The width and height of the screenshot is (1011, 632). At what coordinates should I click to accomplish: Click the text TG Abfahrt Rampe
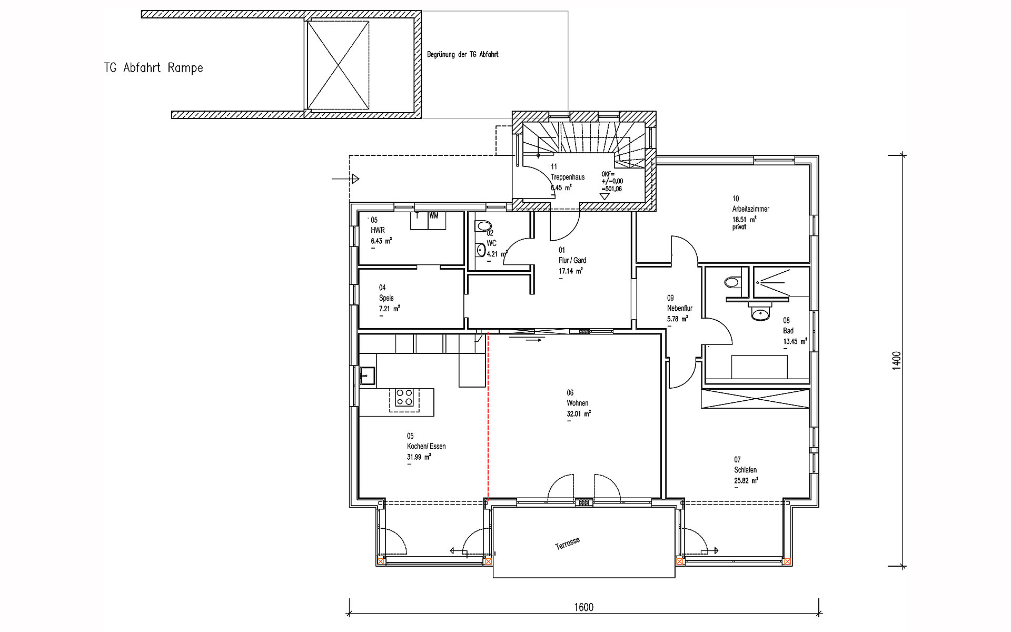[x=153, y=68]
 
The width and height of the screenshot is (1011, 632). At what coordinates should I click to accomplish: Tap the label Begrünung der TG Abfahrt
[x=462, y=54]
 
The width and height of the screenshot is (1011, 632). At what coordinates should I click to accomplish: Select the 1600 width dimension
[x=583, y=607]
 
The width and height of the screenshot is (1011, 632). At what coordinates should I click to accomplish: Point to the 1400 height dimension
[x=897, y=361]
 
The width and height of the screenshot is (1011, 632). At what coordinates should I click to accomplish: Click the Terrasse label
[x=568, y=544]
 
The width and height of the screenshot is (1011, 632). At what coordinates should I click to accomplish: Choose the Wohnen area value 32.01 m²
[x=578, y=414]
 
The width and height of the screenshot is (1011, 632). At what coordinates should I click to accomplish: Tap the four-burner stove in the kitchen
[x=404, y=397]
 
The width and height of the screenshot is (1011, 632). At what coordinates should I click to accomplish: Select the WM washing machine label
[x=434, y=215]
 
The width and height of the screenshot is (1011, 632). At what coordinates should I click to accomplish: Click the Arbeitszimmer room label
[x=750, y=209]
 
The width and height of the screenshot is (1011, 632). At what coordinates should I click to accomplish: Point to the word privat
[x=739, y=228]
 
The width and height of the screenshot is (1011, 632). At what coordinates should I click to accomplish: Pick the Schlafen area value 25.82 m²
[x=746, y=480]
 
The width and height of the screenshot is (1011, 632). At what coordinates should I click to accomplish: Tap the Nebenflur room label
[x=679, y=308]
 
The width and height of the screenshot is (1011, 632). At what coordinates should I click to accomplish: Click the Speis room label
[x=386, y=298]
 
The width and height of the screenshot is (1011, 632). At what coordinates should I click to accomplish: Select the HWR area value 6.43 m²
[x=381, y=241]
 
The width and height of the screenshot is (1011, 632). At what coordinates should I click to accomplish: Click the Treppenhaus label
[x=568, y=177]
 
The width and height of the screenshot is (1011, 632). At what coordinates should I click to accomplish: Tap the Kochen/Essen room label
[x=426, y=447]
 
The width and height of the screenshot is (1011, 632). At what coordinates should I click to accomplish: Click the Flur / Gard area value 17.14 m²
[x=570, y=271]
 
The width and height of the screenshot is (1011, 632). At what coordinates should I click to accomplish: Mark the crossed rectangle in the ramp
[x=338, y=65]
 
